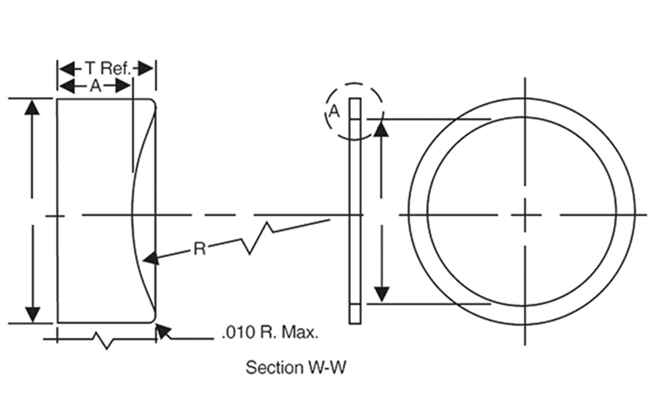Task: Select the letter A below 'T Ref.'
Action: [x=95, y=86]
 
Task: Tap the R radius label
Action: [x=199, y=247]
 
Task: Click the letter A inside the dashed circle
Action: [x=335, y=111]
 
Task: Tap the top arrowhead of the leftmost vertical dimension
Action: [x=32, y=107]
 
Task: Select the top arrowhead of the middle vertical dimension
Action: [x=381, y=128]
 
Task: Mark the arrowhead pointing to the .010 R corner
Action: [x=162, y=331]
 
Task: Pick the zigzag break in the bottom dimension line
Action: [x=102, y=339]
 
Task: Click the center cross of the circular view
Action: [x=522, y=216]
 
